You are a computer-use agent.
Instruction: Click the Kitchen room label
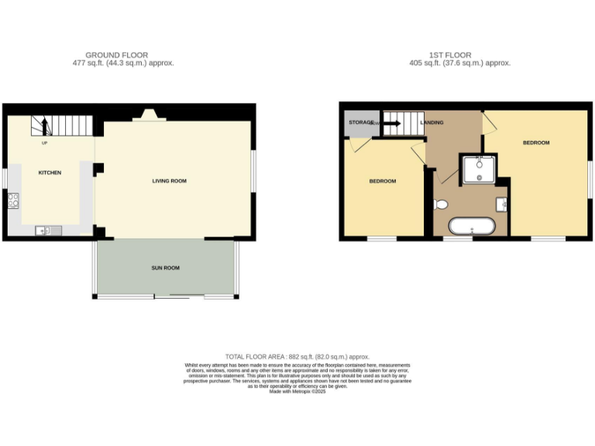point(50,173)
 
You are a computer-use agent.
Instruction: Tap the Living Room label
point(169,181)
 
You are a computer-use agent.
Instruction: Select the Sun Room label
point(165,268)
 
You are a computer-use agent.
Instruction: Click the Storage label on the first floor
point(359,122)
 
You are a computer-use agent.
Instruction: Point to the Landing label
point(432,122)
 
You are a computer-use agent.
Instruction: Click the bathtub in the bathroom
point(471,227)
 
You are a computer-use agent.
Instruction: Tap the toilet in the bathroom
point(441,204)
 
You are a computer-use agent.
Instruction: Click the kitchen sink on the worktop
point(44,229)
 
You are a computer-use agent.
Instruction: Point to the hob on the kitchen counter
point(13,201)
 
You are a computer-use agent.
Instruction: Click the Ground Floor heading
point(117,55)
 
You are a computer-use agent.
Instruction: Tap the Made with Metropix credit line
point(297,392)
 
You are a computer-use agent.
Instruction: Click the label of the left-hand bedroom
point(382,181)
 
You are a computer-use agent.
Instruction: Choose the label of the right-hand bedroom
point(535,143)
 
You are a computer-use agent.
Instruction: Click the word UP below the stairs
point(44,143)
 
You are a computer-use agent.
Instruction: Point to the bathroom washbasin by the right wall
point(501,204)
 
